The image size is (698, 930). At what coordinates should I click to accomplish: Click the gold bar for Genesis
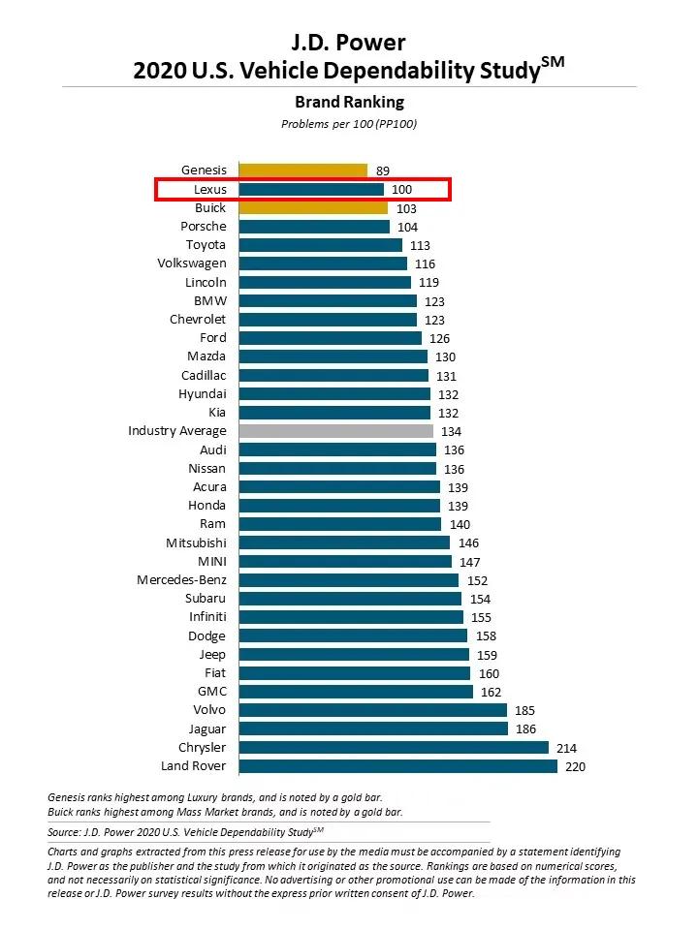click(x=302, y=170)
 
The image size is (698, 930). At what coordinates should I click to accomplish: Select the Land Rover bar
click(x=397, y=766)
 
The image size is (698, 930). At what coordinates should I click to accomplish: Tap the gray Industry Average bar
click(x=335, y=431)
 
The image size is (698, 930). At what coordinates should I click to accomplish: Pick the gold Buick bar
click(x=313, y=207)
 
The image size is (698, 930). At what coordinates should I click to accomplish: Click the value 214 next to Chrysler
click(x=565, y=748)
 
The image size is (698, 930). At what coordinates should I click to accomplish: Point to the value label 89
click(x=383, y=170)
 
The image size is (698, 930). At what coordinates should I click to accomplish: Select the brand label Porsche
click(x=204, y=226)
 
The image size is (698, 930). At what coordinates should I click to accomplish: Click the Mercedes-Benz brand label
click(x=181, y=580)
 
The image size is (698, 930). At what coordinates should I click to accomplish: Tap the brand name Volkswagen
click(x=192, y=263)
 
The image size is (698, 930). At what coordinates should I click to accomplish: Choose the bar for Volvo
click(x=373, y=710)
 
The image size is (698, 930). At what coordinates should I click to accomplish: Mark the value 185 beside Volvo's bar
click(x=524, y=710)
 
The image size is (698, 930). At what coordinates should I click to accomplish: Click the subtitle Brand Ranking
click(x=349, y=102)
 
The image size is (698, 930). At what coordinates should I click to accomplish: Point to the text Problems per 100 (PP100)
click(x=349, y=124)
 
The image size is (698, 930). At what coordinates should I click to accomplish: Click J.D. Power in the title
click(x=349, y=42)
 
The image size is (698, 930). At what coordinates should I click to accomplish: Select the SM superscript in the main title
click(x=553, y=62)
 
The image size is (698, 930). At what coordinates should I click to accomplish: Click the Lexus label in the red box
click(x=209, y=190)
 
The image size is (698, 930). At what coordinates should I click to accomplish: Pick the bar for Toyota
click(x=320, y=245)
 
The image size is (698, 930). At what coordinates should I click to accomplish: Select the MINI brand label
click(x=212, y=561)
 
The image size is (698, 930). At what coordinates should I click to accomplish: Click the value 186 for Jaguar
click(x=524, y=728)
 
